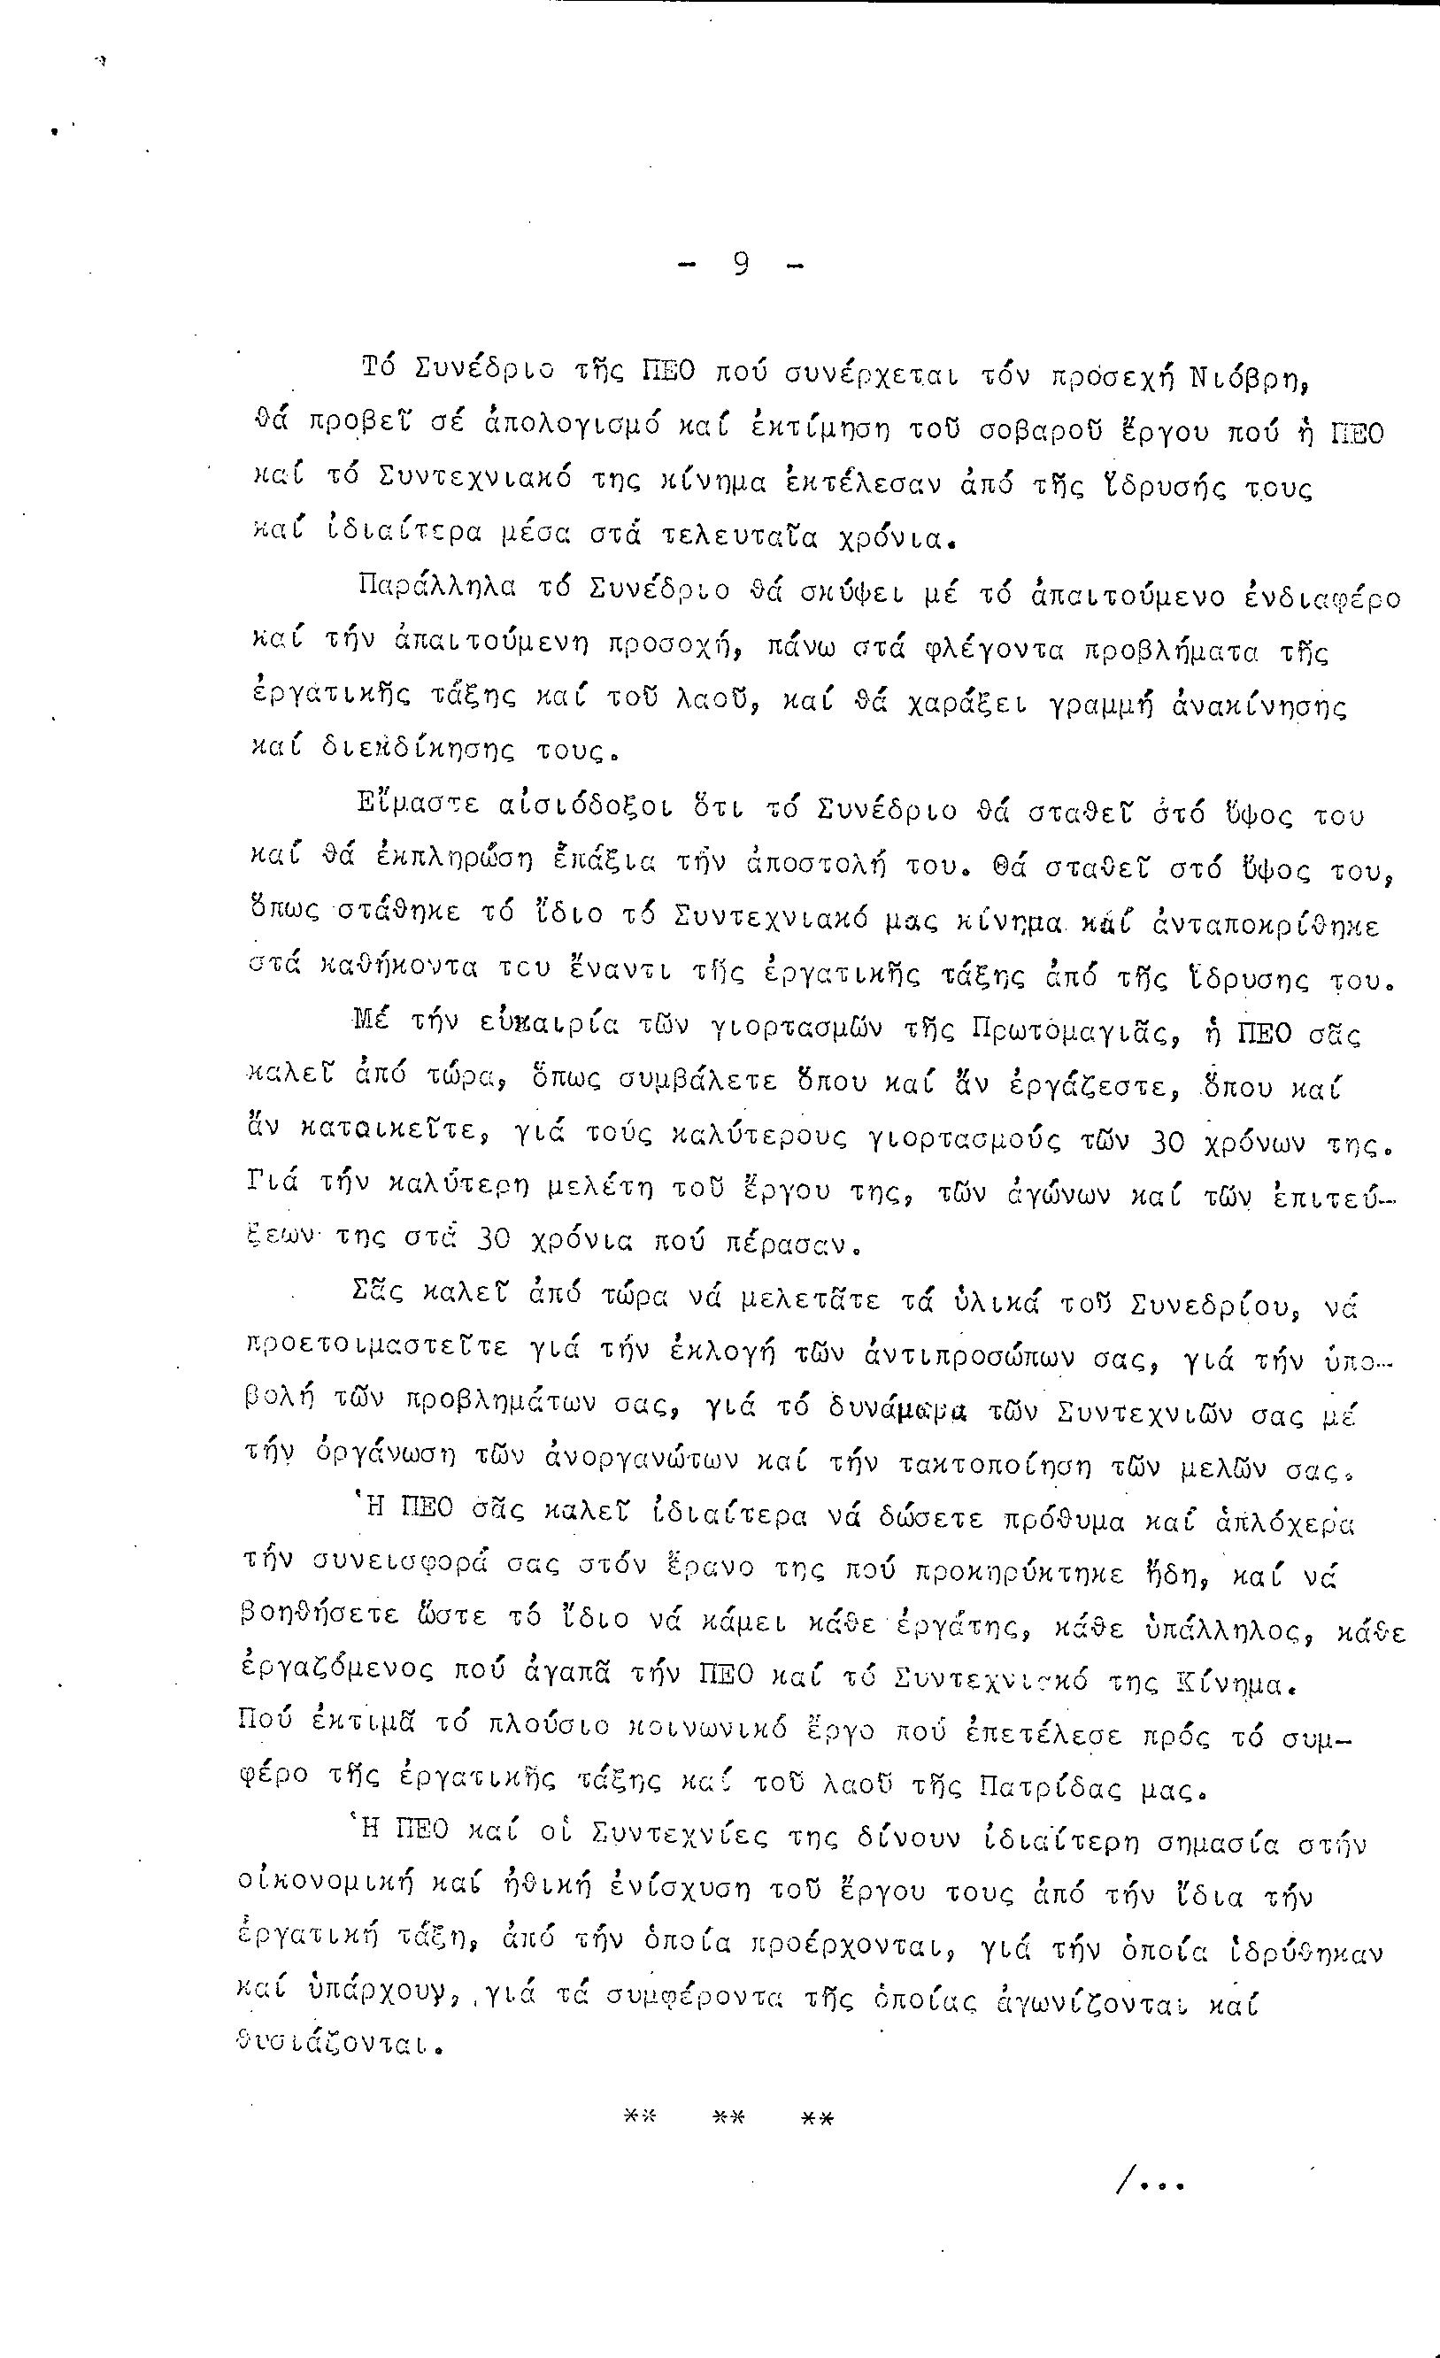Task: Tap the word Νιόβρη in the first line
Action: [x=1250, y=376]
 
